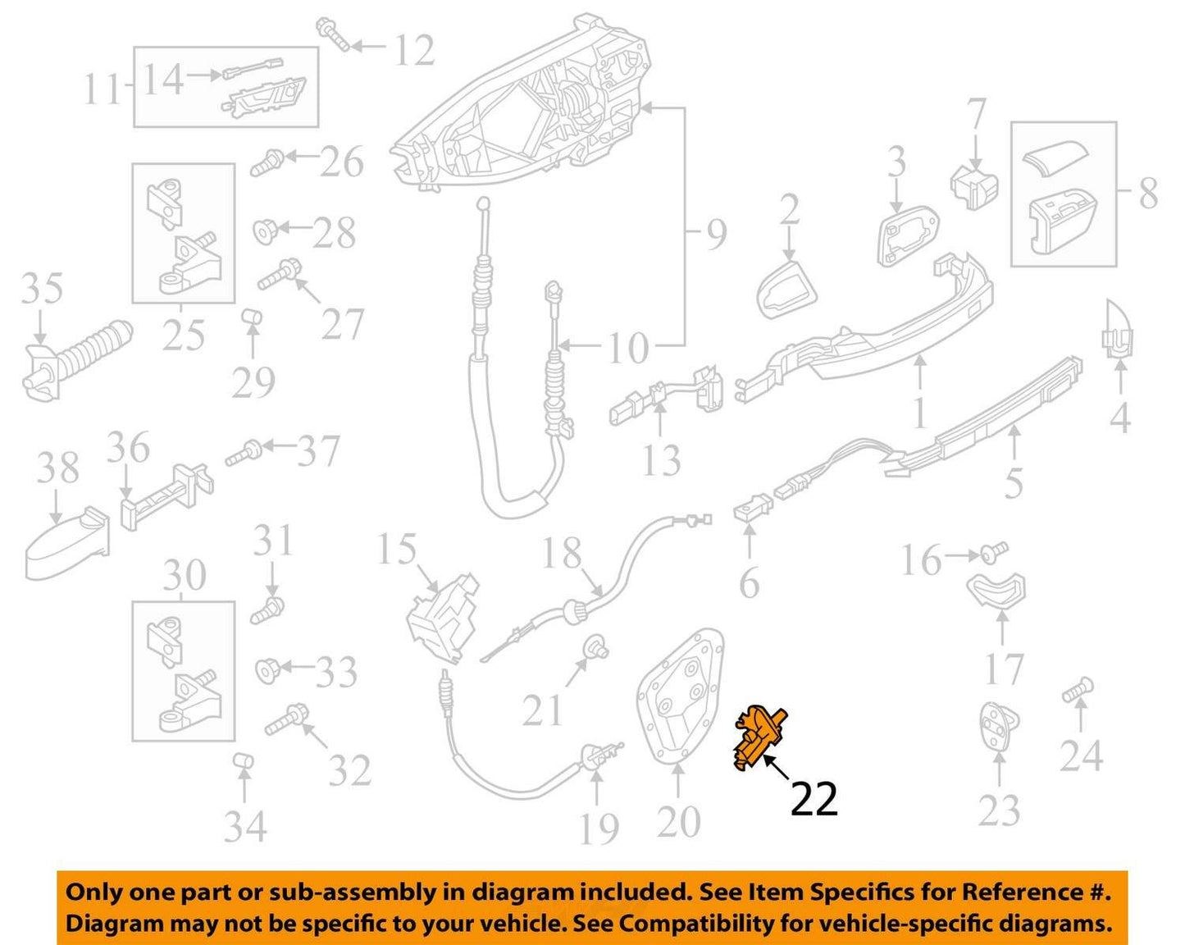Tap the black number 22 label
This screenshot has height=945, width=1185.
pos(814,799)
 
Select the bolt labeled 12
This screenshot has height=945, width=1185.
pos(333,34)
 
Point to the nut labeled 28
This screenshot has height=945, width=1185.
pos(266,231)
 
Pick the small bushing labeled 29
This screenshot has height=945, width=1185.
pos(253,318)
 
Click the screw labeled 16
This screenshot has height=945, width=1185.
pos(994,553)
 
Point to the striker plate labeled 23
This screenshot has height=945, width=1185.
pos(999,725)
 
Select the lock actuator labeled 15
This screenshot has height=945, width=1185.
pos(442,619)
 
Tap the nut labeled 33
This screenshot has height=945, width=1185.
pos(269,669)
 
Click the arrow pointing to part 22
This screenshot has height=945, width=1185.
pos(776,768)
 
